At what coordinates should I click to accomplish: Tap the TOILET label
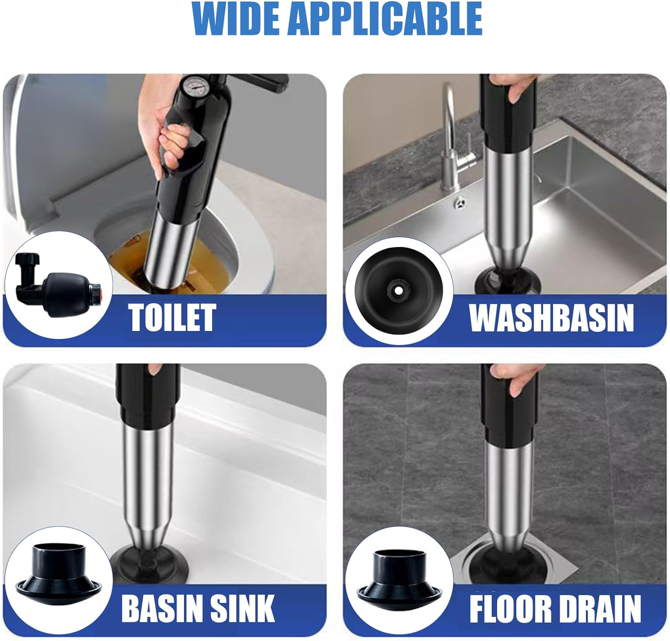[x=173, y=318]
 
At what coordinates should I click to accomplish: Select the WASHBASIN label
[x=551, y=318]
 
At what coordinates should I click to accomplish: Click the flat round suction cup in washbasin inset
[x=399, y=291]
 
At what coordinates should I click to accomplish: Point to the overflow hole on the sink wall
[x=459, y=204]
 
